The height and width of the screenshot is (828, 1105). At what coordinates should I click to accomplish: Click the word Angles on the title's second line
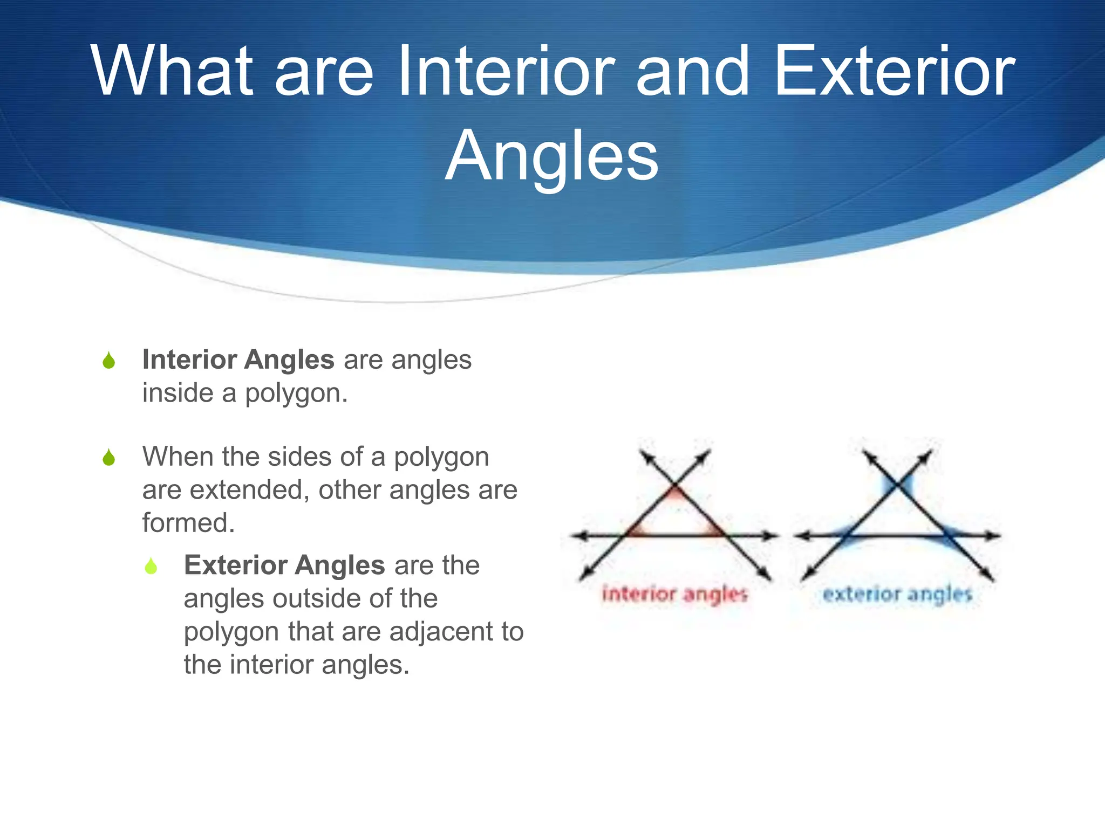coord(551,156)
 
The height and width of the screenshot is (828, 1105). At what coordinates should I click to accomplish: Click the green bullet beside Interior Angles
coord(108,361)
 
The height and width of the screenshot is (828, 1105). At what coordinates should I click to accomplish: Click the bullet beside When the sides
coord(108,458)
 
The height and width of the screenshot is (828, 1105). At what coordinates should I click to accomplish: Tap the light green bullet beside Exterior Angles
coord(151,566)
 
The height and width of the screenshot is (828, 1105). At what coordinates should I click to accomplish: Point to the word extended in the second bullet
coord(249,490)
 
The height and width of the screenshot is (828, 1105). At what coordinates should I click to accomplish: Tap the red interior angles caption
coord(674,594)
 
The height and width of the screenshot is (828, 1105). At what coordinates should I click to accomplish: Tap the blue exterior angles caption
coord(897,594)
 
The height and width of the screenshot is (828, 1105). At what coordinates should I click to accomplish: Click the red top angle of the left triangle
coord(675,494)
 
